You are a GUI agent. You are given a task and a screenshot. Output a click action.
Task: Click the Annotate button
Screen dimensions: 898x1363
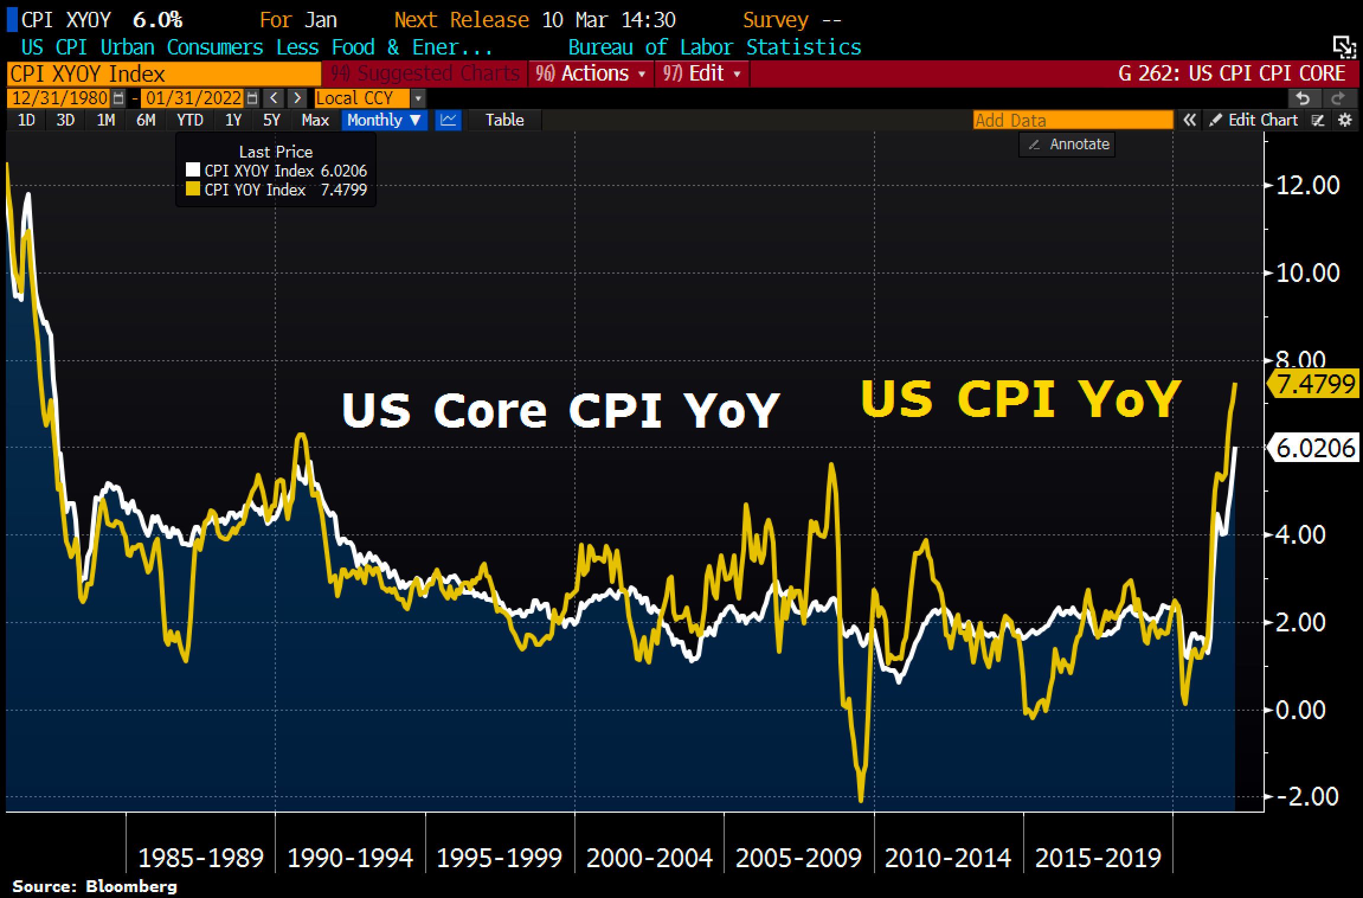[x=1068, y=145]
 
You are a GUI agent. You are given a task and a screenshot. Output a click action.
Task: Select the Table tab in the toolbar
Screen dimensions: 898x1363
[x=504, y=120]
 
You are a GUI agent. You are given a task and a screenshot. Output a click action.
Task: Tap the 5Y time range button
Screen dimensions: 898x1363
[x=271, y=120]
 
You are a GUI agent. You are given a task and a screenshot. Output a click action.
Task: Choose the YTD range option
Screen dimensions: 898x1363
[x=190, y=120]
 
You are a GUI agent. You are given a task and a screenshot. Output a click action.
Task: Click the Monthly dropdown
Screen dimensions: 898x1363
[x=384, y=120]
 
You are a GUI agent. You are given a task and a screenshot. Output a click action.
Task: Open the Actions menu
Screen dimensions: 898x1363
[x=591, y=73]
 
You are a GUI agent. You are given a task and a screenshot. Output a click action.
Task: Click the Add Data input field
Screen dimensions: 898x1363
[x=1072, y=120]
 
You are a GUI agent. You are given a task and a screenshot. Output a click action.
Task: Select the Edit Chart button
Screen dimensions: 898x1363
[x=1255, y=120]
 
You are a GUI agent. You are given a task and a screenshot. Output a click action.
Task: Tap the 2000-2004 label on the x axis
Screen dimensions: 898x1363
[x=650, y=858]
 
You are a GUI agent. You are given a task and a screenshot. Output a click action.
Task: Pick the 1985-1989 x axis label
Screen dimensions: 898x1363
[x=201, y=858]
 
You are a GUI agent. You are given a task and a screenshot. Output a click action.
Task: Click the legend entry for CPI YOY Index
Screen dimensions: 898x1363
[x=255, y=190]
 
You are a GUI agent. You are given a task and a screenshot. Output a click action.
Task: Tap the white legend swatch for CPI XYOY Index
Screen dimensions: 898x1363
[x=192, y=171]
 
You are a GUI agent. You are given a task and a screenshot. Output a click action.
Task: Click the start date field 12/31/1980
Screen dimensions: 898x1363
[x=60, y=98]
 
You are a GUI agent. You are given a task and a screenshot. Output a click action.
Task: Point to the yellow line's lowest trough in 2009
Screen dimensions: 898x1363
[x=860, y=801]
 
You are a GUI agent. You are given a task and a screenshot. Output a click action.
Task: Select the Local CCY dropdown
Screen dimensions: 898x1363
[x=369, y=98]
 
